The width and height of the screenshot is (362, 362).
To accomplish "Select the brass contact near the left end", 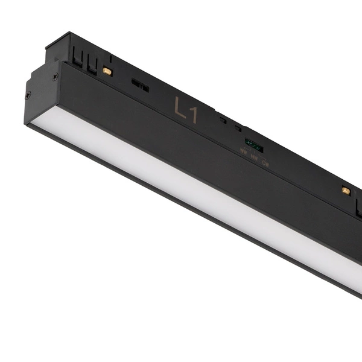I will pyautogui.click(x=107, y=71).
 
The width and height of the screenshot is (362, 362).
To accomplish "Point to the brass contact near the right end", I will pyautogui.click(x=346, y=191).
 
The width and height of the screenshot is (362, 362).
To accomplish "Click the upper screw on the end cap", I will pyautogui.click(x=54, y=77).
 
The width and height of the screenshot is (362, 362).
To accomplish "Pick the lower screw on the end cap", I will pyautogui.click(x=28, y=94).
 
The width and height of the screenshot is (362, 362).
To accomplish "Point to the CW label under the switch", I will pyautogui.click(x=265, y=162).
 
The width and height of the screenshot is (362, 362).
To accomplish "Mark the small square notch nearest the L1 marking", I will pyautogui.click(x=223, y=120).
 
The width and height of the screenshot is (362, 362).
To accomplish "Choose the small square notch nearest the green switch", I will pyautogui.click(x=238, y=127).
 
